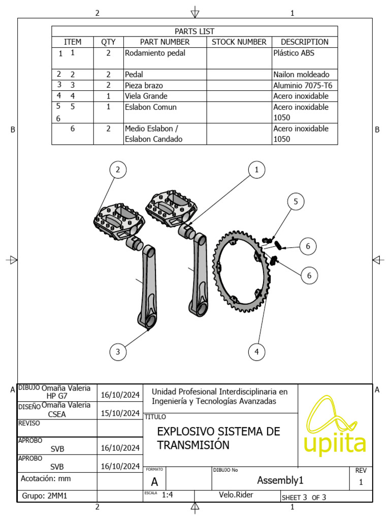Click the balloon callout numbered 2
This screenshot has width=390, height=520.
coord(118,170)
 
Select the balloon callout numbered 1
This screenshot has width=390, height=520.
coord(256,170)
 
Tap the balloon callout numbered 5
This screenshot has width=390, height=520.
coord(296,202)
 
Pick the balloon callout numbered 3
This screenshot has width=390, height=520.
coord(118,351)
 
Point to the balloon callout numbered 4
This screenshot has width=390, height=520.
coord(256,351)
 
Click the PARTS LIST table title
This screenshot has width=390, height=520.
coord(194,31)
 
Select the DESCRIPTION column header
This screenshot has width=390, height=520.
coord(304,42)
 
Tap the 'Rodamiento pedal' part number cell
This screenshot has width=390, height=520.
coord(155,53)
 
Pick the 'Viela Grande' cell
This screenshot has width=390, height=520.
coord(146,96)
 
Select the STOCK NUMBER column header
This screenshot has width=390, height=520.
coord(239,42)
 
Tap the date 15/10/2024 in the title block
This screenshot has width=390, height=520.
coord(120,413)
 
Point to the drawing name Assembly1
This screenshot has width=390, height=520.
coord(280,480)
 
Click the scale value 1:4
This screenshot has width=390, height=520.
coord(168,496)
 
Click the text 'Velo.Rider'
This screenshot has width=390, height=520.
coord(236,496)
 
